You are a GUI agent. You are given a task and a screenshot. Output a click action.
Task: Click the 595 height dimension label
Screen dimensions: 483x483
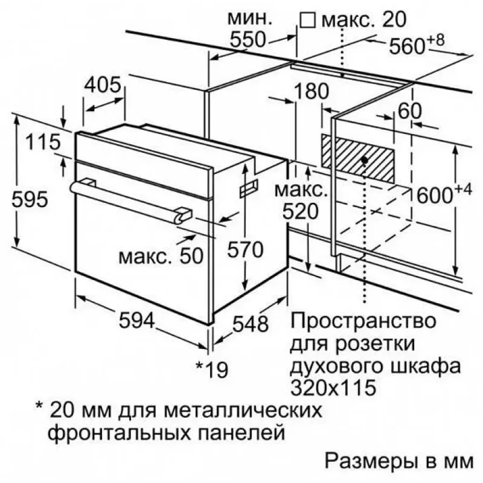(30, 200)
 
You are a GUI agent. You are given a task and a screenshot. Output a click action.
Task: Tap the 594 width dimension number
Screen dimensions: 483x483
(137, 320)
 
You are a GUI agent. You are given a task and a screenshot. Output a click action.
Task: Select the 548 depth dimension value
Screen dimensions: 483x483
(251, 324)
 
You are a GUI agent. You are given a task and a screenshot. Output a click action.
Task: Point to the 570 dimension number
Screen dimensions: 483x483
(245, 249)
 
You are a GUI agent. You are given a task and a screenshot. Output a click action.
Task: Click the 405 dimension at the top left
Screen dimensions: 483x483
(103, 85)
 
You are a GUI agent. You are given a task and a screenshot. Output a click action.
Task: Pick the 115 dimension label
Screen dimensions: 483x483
(43, 142)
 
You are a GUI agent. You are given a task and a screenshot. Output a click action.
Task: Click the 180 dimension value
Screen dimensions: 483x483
(312, 91)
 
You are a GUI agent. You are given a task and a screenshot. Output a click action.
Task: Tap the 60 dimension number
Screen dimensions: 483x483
(410, 111)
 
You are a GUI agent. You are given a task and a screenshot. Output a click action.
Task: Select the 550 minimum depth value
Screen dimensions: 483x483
(248, 39)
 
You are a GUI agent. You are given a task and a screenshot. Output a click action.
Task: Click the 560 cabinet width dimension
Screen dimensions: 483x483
(417, 45)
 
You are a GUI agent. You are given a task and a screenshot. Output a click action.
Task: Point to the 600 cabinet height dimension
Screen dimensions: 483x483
(444, 193)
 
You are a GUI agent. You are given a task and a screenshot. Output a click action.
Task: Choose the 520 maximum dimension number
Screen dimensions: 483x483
(300, 212)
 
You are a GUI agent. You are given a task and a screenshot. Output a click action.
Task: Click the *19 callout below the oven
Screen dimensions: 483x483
(213, 369)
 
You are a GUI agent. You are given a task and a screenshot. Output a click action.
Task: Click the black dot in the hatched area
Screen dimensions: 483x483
(365, 160)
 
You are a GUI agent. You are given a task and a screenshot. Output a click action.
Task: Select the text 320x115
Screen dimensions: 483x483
(333, 387)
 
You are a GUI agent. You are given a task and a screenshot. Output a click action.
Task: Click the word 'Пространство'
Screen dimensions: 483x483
(363, 321)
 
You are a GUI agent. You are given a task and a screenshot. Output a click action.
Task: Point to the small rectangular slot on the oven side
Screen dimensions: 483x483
(249, 188)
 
